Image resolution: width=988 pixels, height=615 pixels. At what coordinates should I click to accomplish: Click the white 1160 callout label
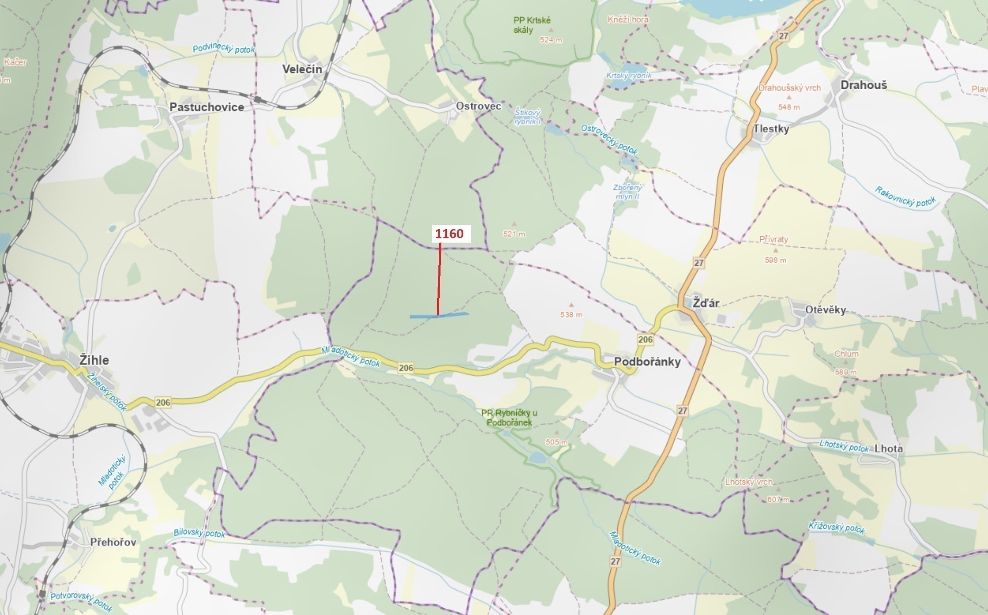[450, 234]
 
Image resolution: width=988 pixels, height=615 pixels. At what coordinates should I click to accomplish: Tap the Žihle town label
[94, 360]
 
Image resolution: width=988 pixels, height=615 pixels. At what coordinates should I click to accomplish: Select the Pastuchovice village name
[207, 107]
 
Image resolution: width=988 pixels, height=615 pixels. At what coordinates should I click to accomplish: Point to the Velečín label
[302, 69]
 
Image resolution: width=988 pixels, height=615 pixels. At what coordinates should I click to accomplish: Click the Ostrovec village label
[478, 106]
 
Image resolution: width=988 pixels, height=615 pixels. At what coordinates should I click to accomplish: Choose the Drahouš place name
[863, 85]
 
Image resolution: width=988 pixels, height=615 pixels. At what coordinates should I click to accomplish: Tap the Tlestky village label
[771, 129]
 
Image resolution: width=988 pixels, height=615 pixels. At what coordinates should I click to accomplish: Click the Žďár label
[706, 303]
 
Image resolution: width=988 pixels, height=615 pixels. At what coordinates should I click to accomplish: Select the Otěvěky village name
[825, 310]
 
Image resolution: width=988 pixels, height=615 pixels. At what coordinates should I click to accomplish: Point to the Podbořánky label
[647, 361]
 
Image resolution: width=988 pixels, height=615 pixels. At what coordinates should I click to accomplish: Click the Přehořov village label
[113, 542]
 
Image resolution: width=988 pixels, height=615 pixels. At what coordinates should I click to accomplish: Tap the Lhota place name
[889, 449]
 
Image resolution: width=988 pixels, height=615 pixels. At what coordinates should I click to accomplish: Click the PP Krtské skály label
[531, 25]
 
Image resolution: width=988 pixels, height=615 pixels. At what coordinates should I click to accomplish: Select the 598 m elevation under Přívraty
[775, 260]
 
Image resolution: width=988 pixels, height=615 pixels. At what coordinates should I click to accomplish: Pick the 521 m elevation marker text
[514, 234]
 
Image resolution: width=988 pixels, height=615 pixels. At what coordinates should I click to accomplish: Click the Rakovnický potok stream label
[905, 197]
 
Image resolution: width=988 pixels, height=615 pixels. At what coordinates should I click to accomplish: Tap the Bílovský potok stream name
[199, 533]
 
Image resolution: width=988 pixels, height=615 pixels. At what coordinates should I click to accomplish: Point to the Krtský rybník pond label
[629, 75]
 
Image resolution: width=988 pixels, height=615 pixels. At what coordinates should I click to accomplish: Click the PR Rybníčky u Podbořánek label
[509, 417]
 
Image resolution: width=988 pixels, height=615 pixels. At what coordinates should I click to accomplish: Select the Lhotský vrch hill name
[748, 482]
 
